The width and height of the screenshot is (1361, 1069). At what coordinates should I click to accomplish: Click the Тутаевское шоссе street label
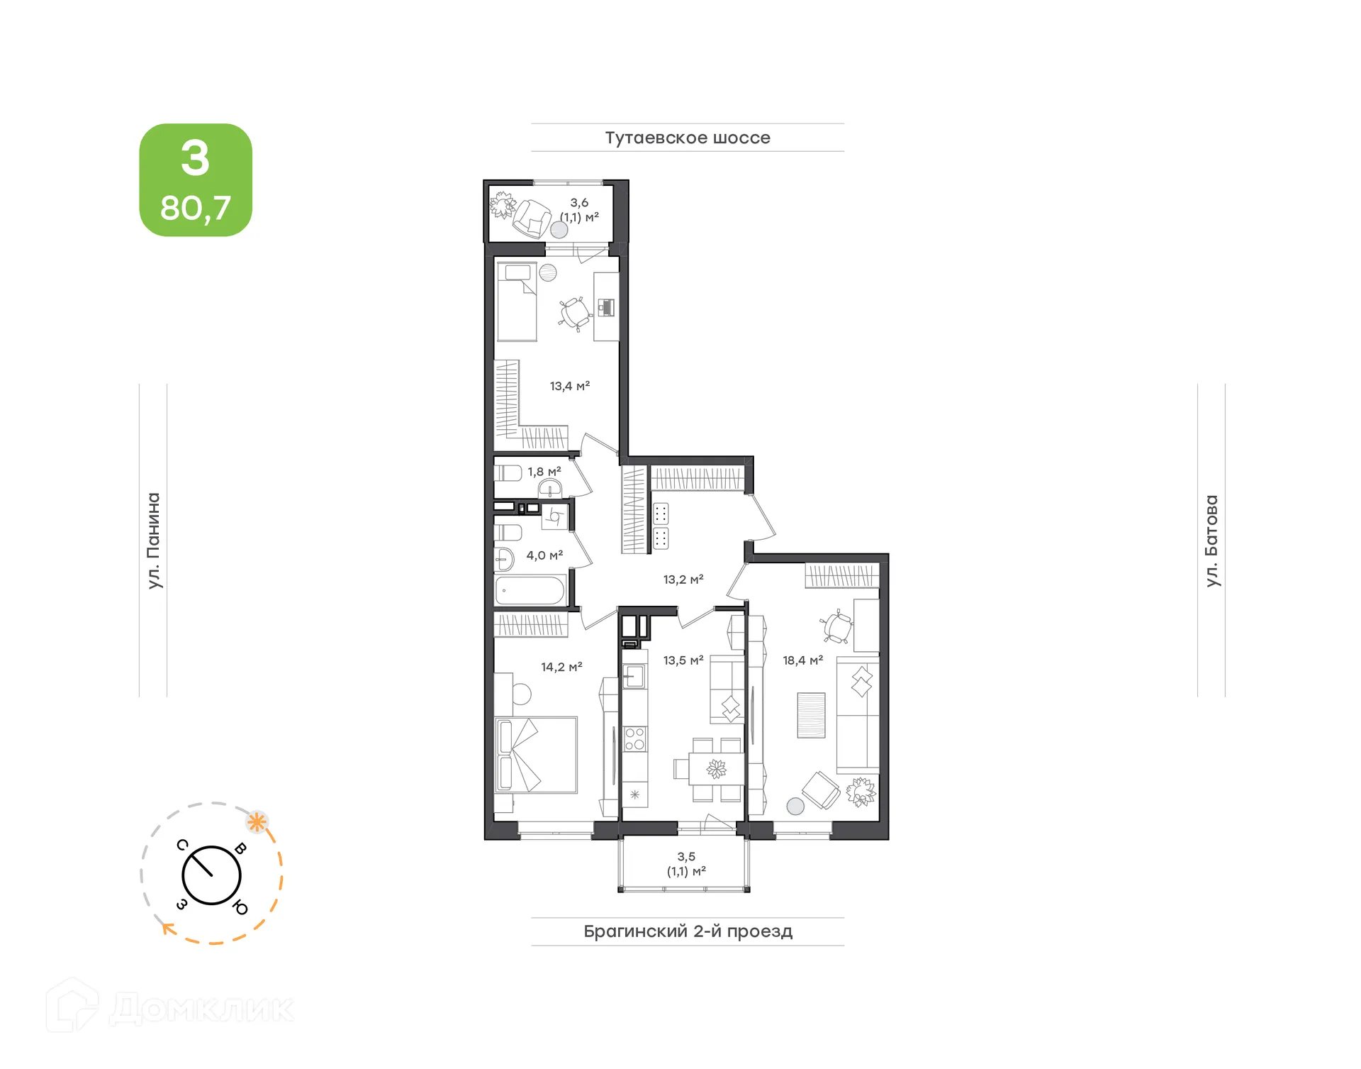(687, 138)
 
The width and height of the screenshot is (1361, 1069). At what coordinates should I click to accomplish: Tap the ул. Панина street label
(153, 541)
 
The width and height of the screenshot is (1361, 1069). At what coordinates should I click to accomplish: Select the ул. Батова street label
(1211, 541)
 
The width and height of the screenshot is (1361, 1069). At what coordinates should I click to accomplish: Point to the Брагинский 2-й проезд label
(688, 931)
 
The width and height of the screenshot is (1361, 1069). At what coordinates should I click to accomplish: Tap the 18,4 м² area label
(802, 660)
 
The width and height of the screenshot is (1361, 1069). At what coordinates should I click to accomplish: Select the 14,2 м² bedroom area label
(561, 667)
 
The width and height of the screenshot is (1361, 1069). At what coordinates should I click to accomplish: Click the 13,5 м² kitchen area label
(683, 660)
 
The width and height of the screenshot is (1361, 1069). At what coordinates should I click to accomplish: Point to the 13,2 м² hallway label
(683, 580)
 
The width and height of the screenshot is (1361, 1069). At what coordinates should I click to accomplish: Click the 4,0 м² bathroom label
(544, 555)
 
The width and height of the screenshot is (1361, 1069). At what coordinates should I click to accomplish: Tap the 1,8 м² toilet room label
(544, 472)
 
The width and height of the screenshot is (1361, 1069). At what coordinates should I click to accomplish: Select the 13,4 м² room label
(569, 386)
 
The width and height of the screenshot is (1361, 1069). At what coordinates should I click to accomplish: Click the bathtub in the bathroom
(530, 590)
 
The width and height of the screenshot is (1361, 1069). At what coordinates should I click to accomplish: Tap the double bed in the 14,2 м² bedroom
(536, 754)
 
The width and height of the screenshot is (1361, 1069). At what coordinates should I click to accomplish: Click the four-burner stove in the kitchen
(634, 738)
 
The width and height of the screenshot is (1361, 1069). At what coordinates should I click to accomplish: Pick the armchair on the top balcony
(532, 218)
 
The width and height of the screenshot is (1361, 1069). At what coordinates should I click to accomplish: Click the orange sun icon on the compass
(257, 822)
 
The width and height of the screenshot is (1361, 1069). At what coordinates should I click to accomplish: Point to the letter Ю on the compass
(240, 907)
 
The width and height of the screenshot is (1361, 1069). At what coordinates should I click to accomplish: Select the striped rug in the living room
(811, 715)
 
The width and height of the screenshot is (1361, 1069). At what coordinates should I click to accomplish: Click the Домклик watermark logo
(170, 1007)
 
